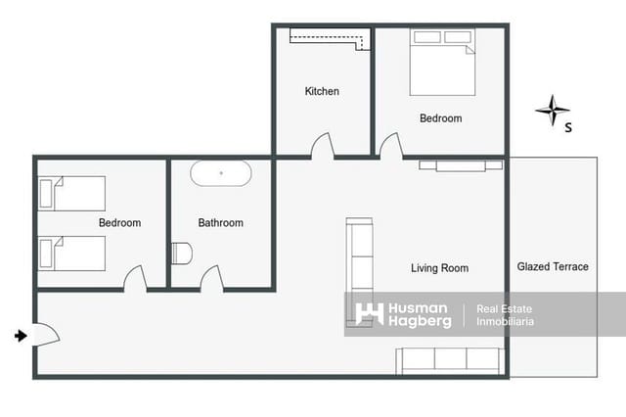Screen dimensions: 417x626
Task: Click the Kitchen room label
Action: [x=322, y=91]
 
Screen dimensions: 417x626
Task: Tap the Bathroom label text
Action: [x=220, y=223]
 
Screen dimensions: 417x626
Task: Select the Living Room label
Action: [x=439, y=268]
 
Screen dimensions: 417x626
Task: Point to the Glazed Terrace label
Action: [x=553, y=266]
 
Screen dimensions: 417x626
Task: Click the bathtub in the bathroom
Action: [x=220, y=173]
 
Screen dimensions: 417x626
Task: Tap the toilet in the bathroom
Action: [x=181, y=253]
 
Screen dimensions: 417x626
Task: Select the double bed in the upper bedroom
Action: [x=442, y=64]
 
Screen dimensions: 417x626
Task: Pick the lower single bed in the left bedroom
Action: [x=71, y=253]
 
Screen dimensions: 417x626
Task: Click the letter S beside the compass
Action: [x=569, y=126]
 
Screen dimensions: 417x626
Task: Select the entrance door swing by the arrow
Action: [x=46, y=334]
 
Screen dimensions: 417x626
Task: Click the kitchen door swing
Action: [x=323, y=147]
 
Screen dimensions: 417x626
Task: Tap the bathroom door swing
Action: [x=212, y=279]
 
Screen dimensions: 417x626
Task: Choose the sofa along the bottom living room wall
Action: [x=451, y=360]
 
